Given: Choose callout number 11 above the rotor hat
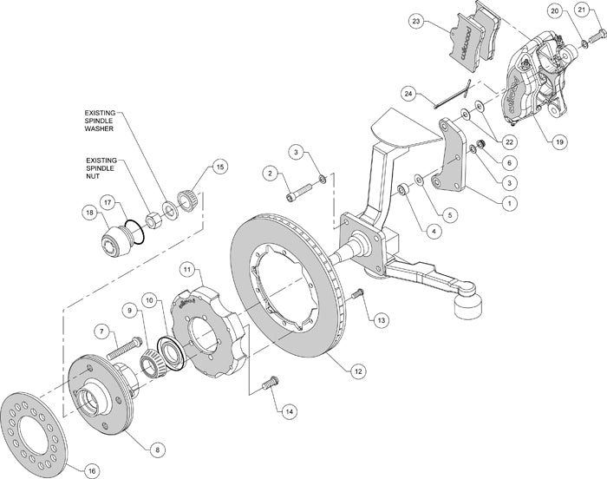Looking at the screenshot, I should tap(186, 272).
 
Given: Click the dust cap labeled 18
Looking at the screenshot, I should tap(111, 240).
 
